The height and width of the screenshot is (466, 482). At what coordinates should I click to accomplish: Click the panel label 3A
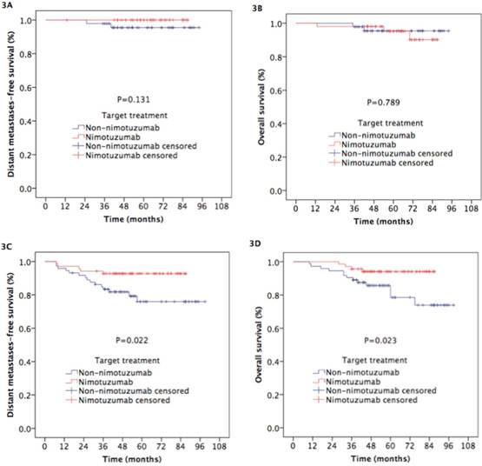[x=10, y=7]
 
